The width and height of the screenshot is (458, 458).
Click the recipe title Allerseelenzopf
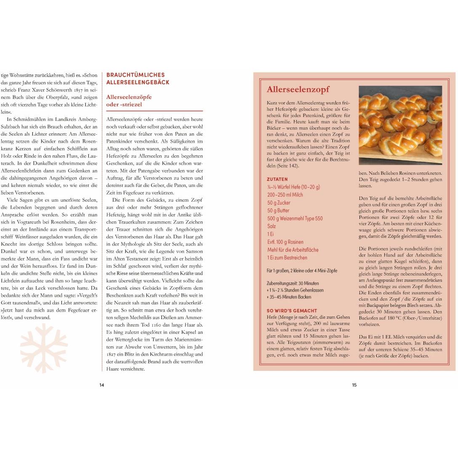tap(298, 89)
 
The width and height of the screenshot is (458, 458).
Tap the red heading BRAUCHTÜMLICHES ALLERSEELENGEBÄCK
tap(138, 79)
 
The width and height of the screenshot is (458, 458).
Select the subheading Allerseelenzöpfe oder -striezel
tap(129, 101)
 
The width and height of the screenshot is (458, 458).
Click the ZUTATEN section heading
tap(277, 179)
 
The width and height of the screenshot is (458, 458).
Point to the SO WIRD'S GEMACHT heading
tap(292, 311)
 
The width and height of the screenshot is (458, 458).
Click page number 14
tap(101, 385)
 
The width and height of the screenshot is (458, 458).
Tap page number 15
tap(354, 385)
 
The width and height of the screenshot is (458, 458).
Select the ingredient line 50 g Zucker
tap(279, 202)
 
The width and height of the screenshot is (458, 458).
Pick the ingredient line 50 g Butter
tap(278, 210)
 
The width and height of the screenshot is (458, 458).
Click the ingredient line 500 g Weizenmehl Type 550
tap(295, 218)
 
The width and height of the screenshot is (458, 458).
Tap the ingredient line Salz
tap(272, 226)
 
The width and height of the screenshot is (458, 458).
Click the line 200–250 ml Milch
tap(285, 194)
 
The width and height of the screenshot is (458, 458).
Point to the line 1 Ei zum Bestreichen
tap(287, 257)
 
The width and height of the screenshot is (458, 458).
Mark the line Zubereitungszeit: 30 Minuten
tap(293, 283)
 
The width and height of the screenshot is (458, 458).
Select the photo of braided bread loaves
tap(400, 125)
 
